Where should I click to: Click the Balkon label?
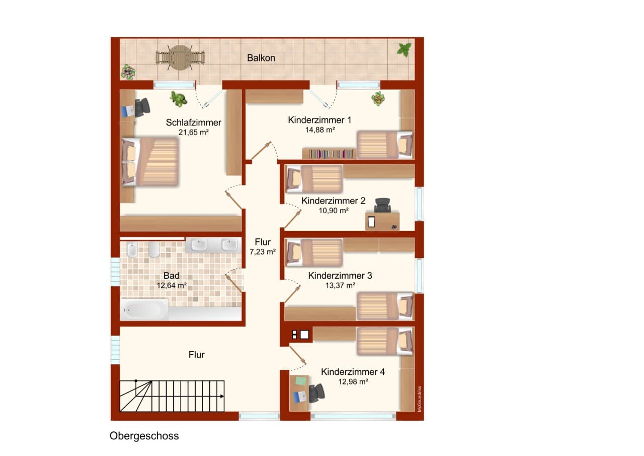(x=261, y=58)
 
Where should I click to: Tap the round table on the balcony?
(x=180, y=57)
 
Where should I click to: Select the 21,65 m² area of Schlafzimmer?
(x=194, y=132)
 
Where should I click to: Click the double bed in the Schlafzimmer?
(x=149, y=162)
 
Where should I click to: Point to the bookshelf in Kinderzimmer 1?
(x=329, y=154)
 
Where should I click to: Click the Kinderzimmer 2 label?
(x=333, y=201)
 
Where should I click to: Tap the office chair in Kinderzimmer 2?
(x=382, y=205)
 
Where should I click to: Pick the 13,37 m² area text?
(x=340, y=285)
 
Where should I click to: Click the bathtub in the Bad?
(x=144, y=309)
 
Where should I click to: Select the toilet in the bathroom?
(x=132, y=249)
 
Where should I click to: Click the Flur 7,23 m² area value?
(x=263, y=251)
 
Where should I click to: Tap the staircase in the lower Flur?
(x=172, y=396)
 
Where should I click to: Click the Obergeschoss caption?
(x=144, y=436)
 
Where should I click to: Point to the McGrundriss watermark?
(x=419, y=399)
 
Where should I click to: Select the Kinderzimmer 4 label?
(x=353, y=372)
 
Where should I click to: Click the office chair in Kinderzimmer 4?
(x=317, y=393)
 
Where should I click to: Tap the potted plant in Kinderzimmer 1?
(x=378, y=99)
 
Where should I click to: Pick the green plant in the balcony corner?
(x=404, y=50)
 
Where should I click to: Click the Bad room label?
(x=172, y=276)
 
